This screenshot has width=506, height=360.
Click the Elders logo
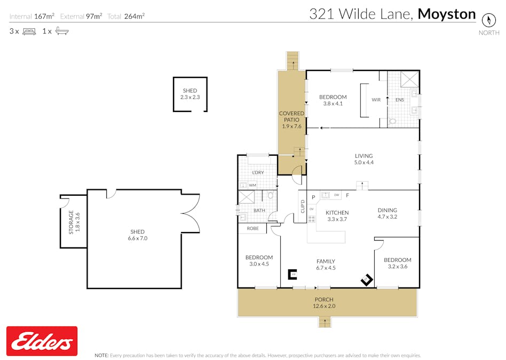[42, 341]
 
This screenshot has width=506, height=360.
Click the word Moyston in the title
[446, 14]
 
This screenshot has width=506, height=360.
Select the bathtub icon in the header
[62, 31]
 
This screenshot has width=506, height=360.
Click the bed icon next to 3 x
[29, 31]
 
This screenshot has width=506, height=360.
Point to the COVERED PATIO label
[291, 120]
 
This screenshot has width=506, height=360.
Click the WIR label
[376, 100]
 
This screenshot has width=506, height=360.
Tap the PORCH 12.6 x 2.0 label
[323, 303]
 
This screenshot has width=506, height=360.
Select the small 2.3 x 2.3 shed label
[189, 94]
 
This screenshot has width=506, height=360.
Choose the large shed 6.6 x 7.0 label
[138, 235]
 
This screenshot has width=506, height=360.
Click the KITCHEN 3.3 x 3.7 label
[337, 215]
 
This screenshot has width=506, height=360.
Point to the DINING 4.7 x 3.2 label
[388, 213]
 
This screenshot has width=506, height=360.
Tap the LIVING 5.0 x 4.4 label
[363, 159]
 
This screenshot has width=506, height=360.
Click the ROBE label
[253, 228]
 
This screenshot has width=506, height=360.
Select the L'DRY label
[258, 173]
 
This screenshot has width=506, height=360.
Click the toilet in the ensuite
[393, 122]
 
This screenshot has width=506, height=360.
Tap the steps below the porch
[324, 322]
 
